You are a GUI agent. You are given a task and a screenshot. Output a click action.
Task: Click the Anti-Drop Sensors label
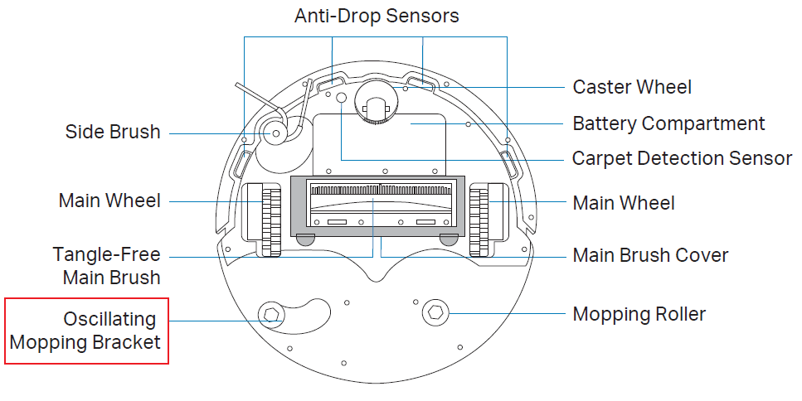(x=376, y=16)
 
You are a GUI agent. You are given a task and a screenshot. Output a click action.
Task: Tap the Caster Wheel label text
(x=632, y=87)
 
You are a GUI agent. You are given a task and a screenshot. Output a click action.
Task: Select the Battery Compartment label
(x=668, y=123)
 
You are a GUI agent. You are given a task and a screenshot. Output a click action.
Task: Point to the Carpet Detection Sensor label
(x=682, y=157)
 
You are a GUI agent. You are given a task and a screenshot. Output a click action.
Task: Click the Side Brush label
(x=113, y=132)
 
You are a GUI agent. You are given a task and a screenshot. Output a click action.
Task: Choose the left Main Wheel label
(x=109, y=200)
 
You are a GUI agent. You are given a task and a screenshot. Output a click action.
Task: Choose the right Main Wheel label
(x=624, y=202)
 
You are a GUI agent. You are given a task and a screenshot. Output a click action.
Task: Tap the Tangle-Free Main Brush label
(x=106, y=265)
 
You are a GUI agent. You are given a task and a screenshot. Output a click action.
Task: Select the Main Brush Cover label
(x=650, y=254)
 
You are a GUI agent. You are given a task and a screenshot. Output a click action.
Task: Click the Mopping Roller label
(x=639, y=314)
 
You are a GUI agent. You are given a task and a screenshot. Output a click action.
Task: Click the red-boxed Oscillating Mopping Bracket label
(x=86, y=331)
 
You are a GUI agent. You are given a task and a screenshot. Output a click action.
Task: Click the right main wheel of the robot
(x=479, y=219)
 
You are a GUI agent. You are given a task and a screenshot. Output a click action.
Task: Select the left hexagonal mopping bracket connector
(x=270, y=314)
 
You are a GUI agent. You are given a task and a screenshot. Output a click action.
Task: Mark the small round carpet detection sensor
(x=340, y=97)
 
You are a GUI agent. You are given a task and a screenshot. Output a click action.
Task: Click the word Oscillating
(x=109, y=319)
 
